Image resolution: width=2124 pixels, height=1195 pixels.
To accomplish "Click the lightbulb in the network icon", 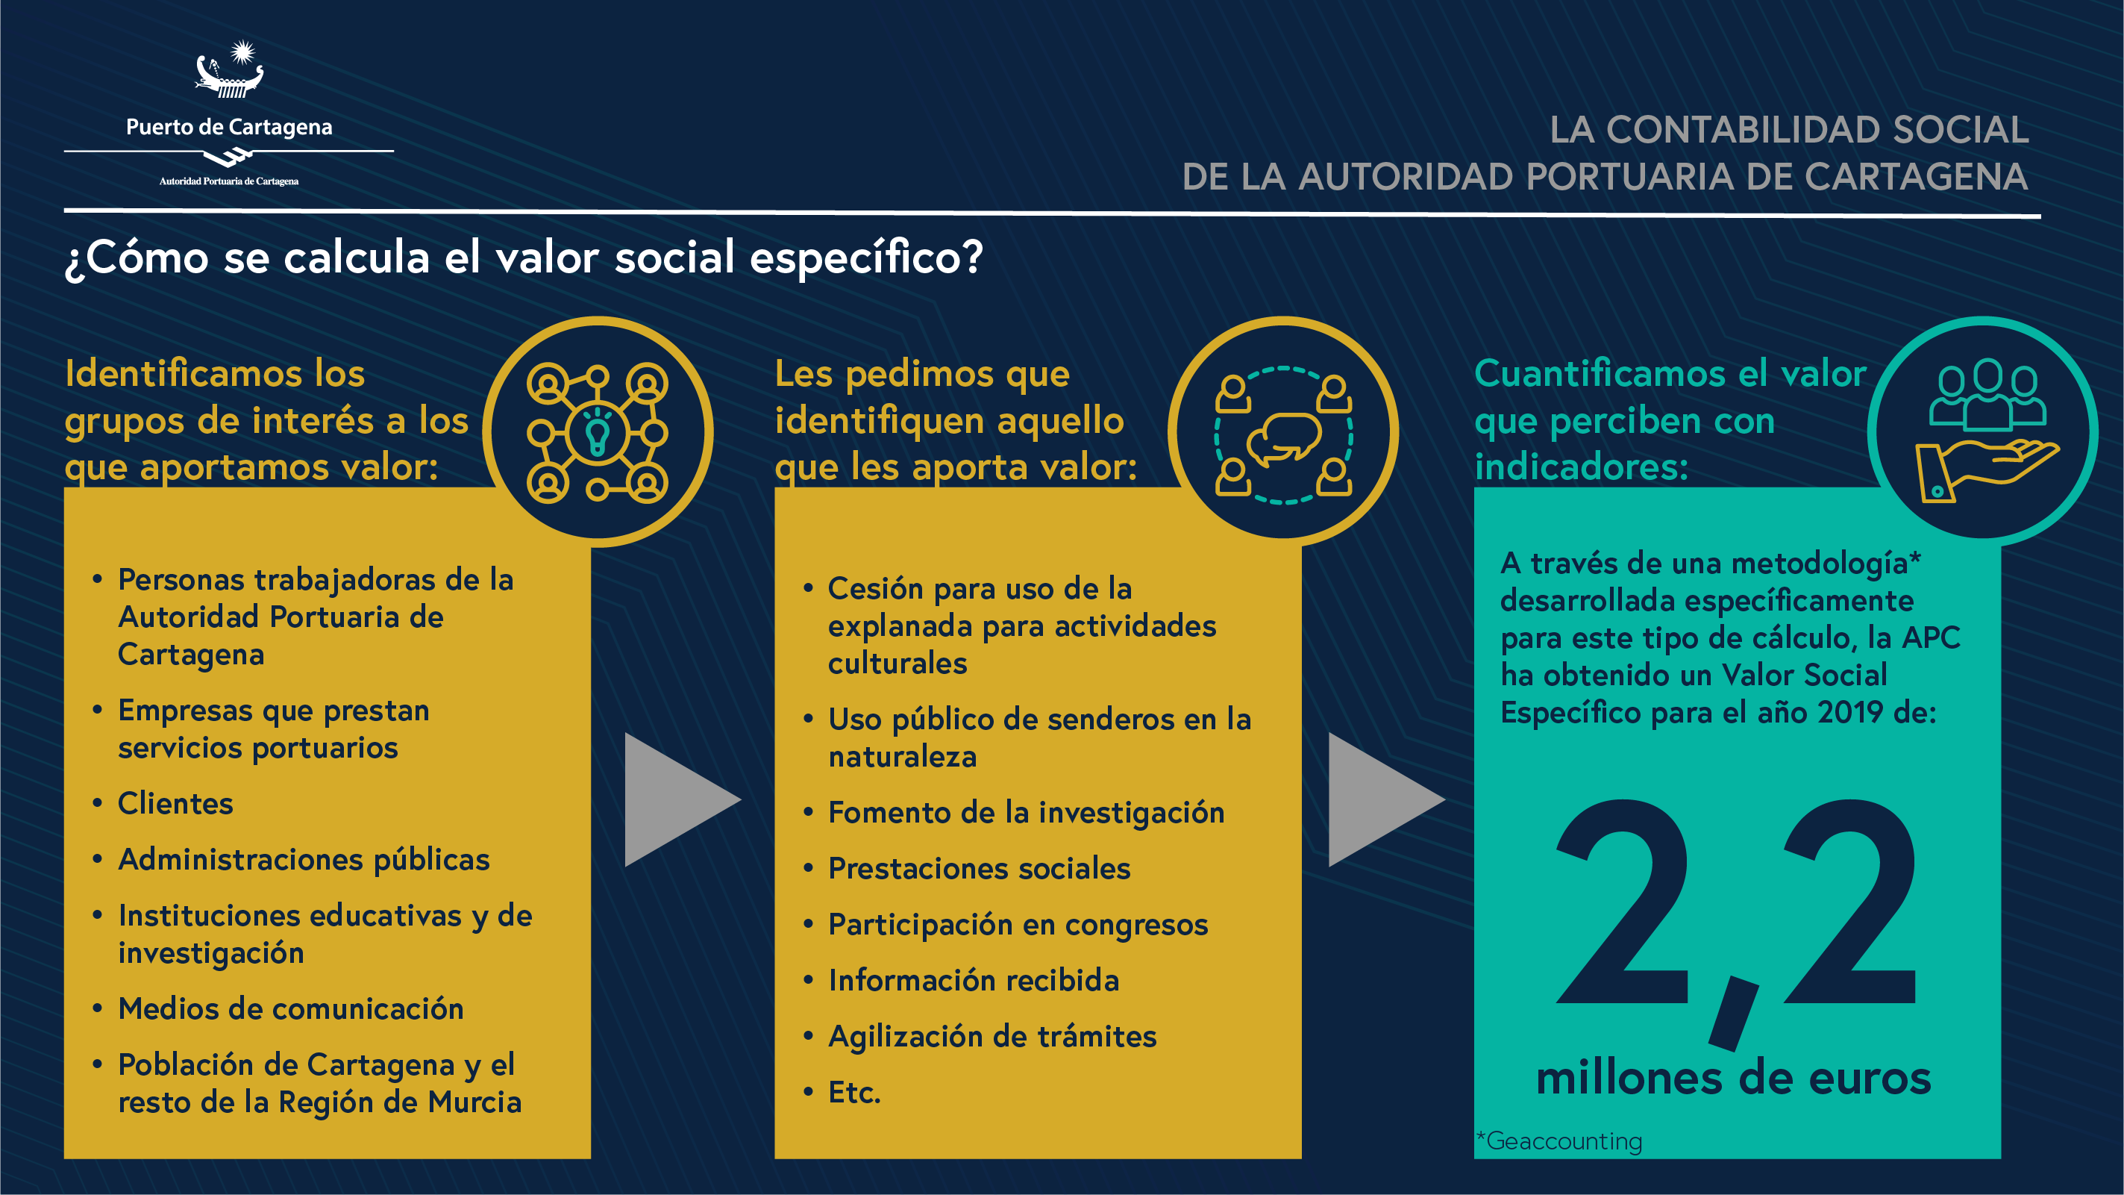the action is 597,431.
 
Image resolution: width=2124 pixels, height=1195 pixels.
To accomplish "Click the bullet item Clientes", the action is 175,803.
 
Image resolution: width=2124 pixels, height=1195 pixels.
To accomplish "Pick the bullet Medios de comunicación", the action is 291,1008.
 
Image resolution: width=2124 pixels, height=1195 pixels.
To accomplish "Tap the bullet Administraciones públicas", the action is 304,859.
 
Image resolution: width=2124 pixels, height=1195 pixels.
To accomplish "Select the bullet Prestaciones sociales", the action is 980,868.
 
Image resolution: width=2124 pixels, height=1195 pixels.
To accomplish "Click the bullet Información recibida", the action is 974,981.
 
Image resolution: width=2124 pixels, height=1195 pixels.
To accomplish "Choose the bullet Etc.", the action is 855,1092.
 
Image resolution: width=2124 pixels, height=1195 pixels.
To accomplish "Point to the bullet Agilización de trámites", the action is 993,1037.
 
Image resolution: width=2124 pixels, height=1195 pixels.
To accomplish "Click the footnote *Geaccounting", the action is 1559,1141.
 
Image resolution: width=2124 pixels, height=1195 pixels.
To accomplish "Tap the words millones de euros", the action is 1733,1078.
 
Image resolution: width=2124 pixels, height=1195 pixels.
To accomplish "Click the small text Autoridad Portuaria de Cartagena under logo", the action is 229,181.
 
